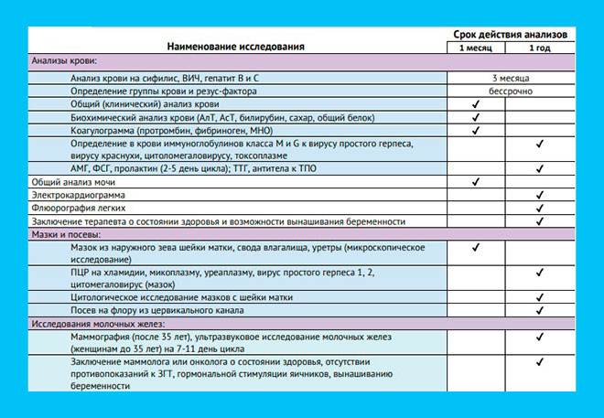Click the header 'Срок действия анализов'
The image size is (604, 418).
(511, 33)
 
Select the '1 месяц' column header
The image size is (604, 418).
(475, 47)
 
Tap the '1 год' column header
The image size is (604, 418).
(540, 47)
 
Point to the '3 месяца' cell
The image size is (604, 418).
(510, 79)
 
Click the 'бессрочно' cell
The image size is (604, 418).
(510, 91)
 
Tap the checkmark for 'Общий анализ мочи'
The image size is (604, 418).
(476, 182)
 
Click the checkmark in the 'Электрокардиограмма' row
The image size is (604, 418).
(540, 196)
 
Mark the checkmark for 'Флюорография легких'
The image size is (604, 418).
(540, 209)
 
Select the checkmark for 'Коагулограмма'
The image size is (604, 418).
(476, 131)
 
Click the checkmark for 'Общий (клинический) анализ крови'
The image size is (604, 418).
(476, 105)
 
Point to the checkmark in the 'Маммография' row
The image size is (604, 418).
(540, 338)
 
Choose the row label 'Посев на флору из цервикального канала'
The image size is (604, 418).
(156, 311)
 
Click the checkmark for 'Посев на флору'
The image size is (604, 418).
(540, 311)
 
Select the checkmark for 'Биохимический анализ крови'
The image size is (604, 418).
(476, 118)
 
